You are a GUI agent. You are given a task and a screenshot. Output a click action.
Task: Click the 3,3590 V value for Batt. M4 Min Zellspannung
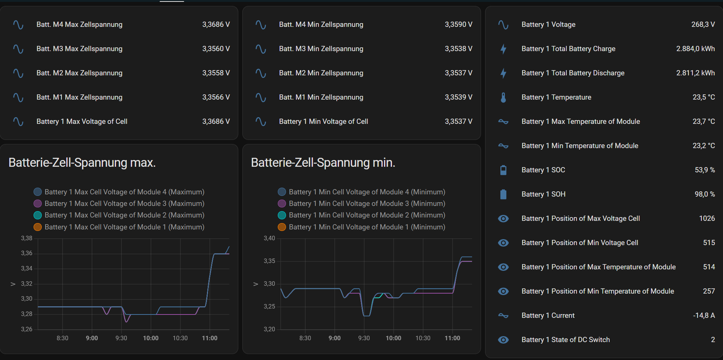(x=458, y=25)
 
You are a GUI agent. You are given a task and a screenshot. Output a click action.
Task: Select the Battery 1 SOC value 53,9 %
(x=704, y=170)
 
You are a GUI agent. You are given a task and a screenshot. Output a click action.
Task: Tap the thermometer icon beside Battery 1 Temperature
(x=503, y=97)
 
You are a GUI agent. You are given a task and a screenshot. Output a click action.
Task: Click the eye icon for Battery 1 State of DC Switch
(x=503, y=340)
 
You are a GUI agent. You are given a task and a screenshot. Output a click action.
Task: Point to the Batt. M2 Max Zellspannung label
(x=79, y=73)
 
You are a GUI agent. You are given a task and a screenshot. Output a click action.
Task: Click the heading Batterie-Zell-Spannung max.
(x=82, y=163)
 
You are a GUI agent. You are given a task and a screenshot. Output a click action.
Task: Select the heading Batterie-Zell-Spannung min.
(x=323, y=163)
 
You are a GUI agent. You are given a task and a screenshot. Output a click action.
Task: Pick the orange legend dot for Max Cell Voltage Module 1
(x=38, y=227)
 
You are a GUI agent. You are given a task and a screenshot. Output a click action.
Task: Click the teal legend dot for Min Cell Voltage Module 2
(x=282, y=215)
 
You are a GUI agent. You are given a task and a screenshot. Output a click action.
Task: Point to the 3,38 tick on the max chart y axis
(x=26, y=238)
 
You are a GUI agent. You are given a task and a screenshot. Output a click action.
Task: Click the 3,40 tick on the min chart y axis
(x=269, y=238)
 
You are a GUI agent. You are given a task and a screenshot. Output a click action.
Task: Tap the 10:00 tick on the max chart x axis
(x=151, y=338)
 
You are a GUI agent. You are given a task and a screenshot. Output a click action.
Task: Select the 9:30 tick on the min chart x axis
(x=364, y=338)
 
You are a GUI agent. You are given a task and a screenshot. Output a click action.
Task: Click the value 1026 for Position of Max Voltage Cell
(x=707, y=219)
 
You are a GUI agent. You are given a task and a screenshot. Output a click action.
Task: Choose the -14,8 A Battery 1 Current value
(x=704, y=316)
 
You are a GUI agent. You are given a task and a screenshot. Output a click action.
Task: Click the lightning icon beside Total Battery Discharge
(x=503, y=73)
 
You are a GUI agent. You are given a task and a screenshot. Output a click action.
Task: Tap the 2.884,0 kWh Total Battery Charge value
(x=695, y=49)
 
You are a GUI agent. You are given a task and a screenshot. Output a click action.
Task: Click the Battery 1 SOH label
(x=543, y=194)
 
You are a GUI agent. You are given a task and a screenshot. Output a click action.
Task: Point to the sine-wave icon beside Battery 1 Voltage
(x=503, y=25)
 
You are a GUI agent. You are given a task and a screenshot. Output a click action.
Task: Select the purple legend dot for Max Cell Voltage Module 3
(x=38, y=204)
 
